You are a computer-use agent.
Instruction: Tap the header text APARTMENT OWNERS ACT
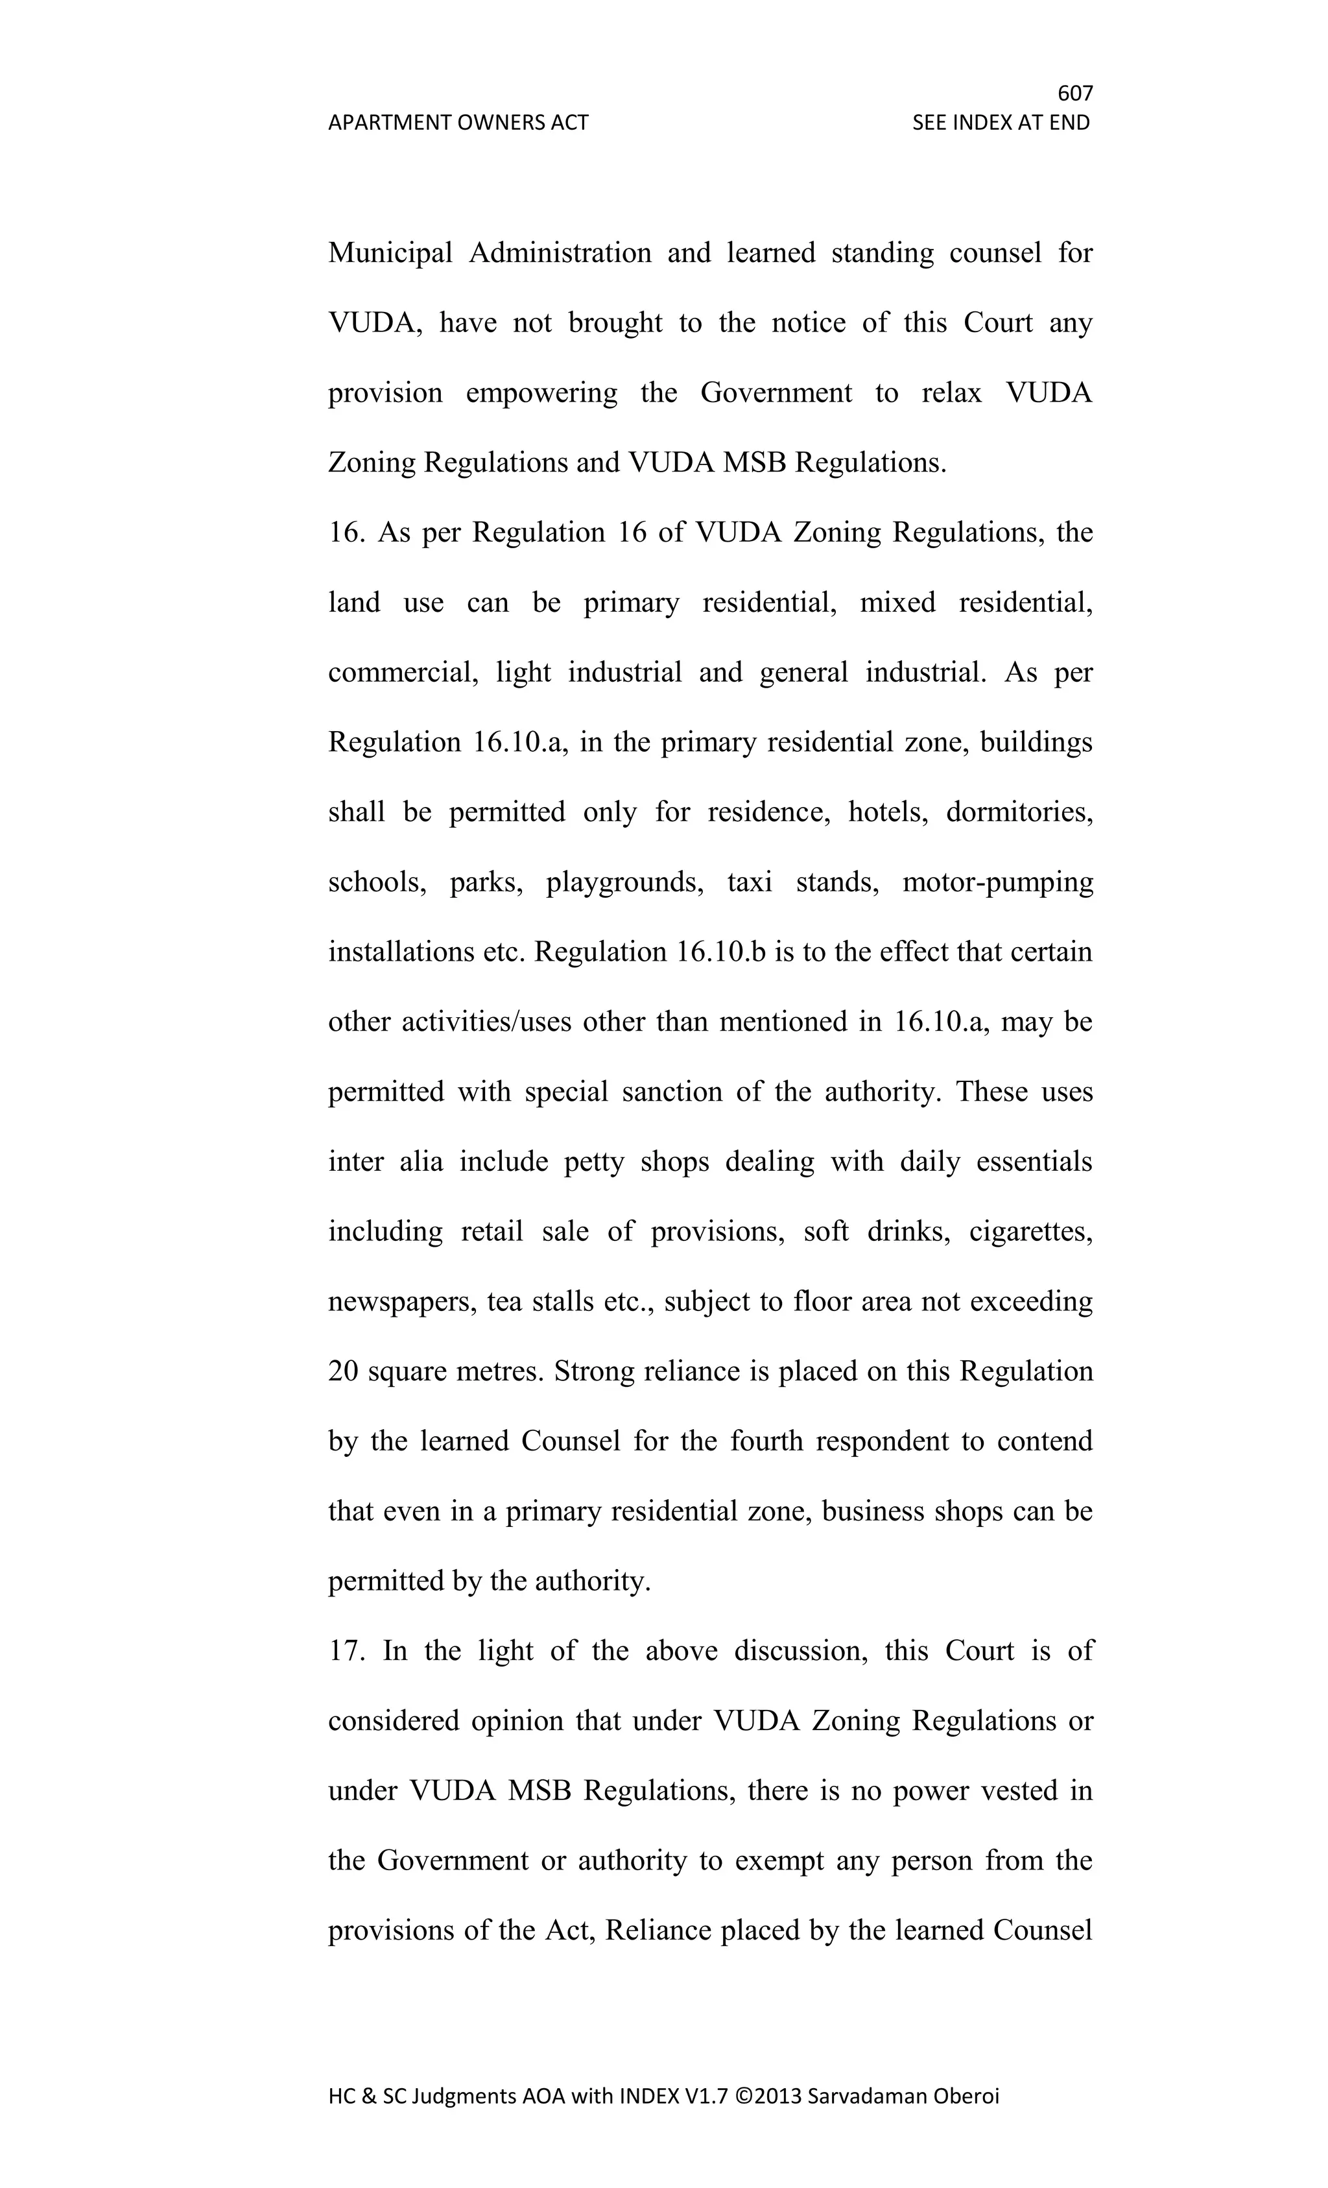[458, 123]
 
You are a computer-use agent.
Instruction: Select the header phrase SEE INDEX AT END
[1001, 123]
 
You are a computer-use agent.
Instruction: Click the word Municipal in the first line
[390, 253]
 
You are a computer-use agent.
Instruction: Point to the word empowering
[541, 392]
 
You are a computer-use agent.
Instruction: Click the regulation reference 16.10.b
[720, 952]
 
